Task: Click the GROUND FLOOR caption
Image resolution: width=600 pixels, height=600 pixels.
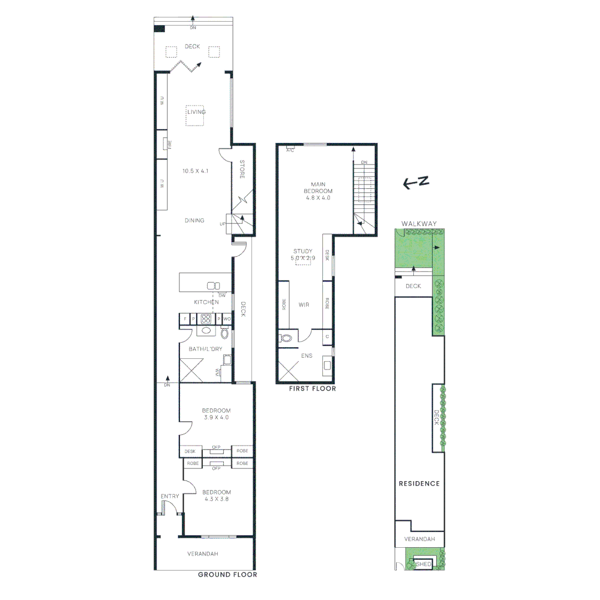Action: pos(227,574)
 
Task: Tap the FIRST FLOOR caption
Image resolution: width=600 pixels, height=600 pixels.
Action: pos(312,389)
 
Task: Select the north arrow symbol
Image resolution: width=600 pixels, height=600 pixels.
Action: pos(417,182)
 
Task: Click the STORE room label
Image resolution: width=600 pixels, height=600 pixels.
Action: pos(242,169)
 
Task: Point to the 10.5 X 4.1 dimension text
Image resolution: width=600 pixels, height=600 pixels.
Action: pos(195,171)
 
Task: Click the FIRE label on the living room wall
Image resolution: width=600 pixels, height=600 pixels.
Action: pos(170,144)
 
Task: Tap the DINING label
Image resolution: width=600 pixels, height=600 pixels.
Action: pos(194,221)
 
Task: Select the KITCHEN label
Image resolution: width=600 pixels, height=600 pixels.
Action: pos(206,302)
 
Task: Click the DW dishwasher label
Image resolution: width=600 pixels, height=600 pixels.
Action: pos(222,295)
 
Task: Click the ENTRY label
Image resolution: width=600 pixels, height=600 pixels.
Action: pos(169,496)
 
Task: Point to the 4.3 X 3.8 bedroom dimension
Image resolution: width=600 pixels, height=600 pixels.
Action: pos(216,499)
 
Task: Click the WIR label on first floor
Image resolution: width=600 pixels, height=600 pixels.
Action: pos(303,305)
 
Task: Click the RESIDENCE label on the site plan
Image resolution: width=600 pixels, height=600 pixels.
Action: pos(419,483)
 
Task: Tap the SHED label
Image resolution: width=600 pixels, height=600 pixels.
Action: pos(423,564)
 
